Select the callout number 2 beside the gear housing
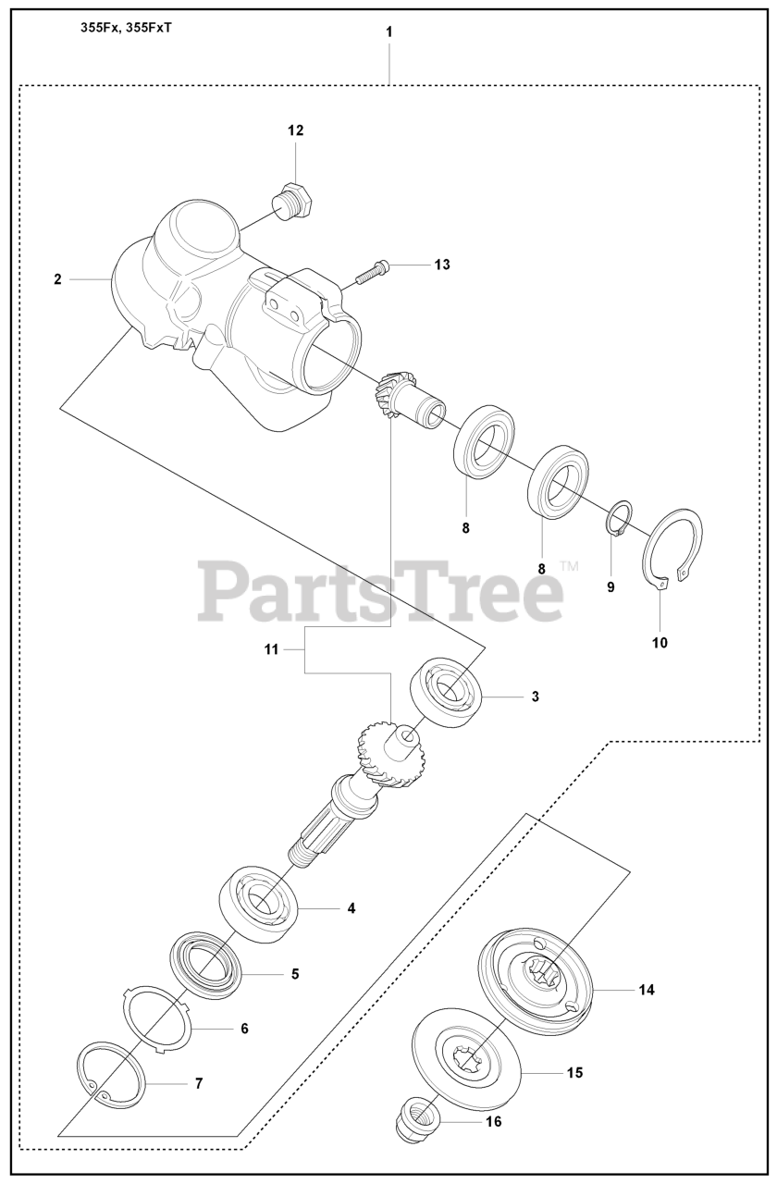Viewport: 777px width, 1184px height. (x=57, y=278)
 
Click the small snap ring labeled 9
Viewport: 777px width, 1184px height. (x=621, y=516)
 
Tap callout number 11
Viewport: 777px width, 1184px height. (x=271, y=650)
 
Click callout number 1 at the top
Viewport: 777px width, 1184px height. (x=389, y=31)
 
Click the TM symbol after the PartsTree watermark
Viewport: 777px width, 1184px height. (x=569, y=565)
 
